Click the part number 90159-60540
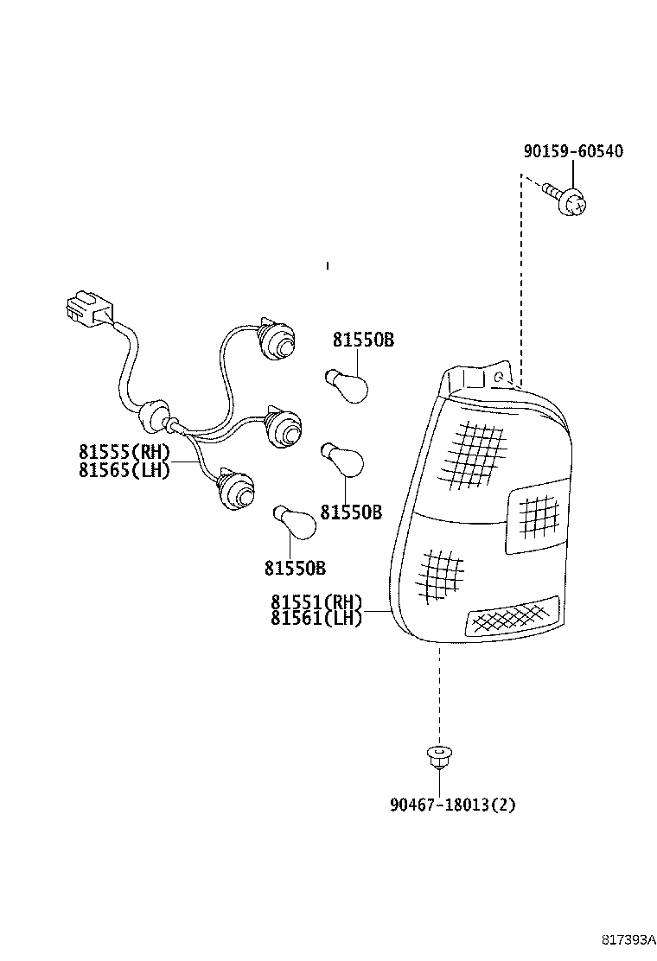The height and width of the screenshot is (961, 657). pos(572,151)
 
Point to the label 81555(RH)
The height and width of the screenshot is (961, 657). pos(124,452)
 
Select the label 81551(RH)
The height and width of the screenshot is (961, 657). pos(316,602)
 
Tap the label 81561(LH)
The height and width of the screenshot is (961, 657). pos(316,618)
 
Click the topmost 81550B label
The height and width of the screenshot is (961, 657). pos(363,340)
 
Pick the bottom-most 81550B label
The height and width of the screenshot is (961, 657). pos(295,568)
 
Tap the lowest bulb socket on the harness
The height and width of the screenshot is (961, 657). pos(234,489)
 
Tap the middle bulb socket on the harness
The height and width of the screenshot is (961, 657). pos(281,425)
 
